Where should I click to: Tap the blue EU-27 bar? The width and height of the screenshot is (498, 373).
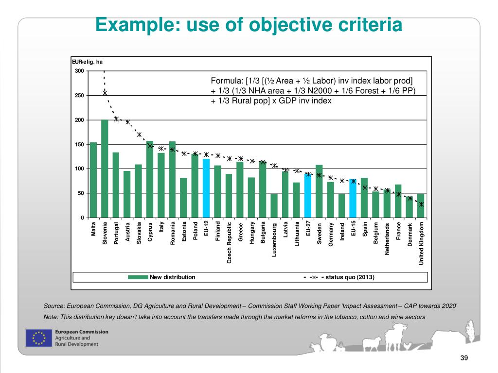tap(308, 195)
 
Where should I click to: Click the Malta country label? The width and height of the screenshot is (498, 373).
tap(93, 229)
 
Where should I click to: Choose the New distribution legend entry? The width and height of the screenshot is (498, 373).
tap(172, 277)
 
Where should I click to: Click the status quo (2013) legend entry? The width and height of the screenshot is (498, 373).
tap(350, 277)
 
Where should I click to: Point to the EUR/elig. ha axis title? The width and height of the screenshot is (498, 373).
tap(87, 62)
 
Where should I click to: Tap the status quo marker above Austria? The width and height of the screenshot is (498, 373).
tap(127, 122)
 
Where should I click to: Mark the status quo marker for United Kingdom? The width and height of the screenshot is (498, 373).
tap(421, 204)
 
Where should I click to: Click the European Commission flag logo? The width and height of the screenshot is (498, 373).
tap(38, 338)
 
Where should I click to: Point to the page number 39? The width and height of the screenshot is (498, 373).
tap(463, 358)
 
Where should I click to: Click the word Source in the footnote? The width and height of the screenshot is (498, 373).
tap(53, 306)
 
